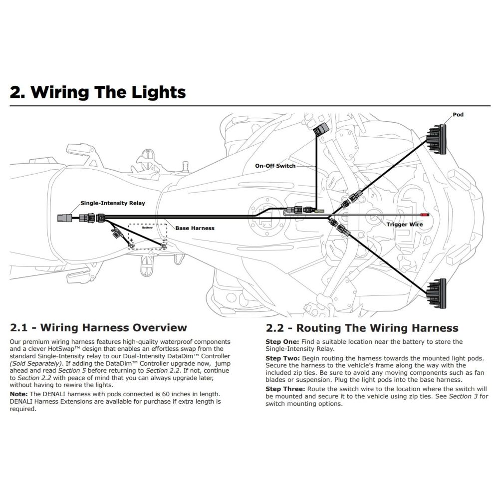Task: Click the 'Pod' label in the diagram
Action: (458, 115)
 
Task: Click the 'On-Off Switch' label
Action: (275, 166)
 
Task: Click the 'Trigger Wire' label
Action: (405, 225)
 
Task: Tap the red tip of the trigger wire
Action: (426, 214)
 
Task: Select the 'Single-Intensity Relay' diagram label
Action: (113, 203)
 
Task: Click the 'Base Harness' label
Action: (195, 228)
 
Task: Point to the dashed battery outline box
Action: (148, 235)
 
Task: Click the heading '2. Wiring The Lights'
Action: (98, 92)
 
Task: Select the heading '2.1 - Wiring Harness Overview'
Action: (98, 328)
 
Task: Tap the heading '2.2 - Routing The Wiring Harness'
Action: (362, 328)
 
